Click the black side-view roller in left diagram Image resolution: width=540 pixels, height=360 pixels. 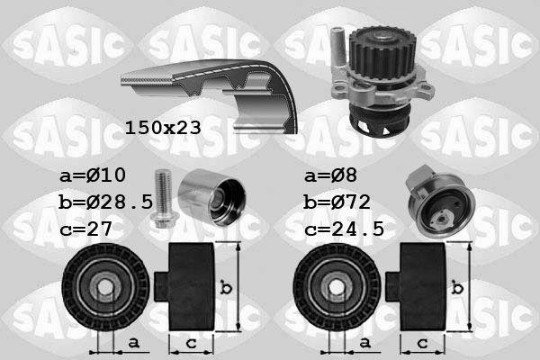(188, 286)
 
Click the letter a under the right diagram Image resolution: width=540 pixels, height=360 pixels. (365, 344)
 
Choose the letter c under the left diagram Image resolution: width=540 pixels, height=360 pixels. (191, 343)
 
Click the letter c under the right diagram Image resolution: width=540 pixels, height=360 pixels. (423, 343)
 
